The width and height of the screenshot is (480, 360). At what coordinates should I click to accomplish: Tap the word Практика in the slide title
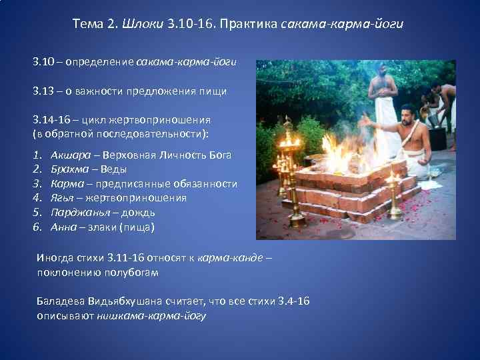250,25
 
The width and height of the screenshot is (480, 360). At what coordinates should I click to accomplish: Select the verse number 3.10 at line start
43,61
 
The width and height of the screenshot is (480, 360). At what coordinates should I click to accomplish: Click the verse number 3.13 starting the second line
43,91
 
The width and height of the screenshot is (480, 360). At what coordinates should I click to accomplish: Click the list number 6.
37,227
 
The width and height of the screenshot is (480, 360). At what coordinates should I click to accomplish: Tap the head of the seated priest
408,113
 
